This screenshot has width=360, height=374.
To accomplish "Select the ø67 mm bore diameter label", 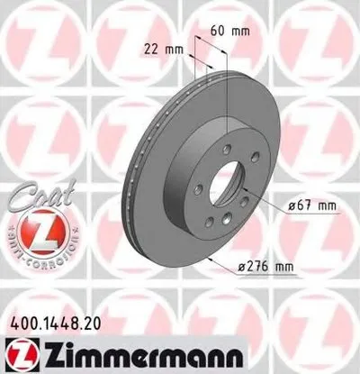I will point(311,205).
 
